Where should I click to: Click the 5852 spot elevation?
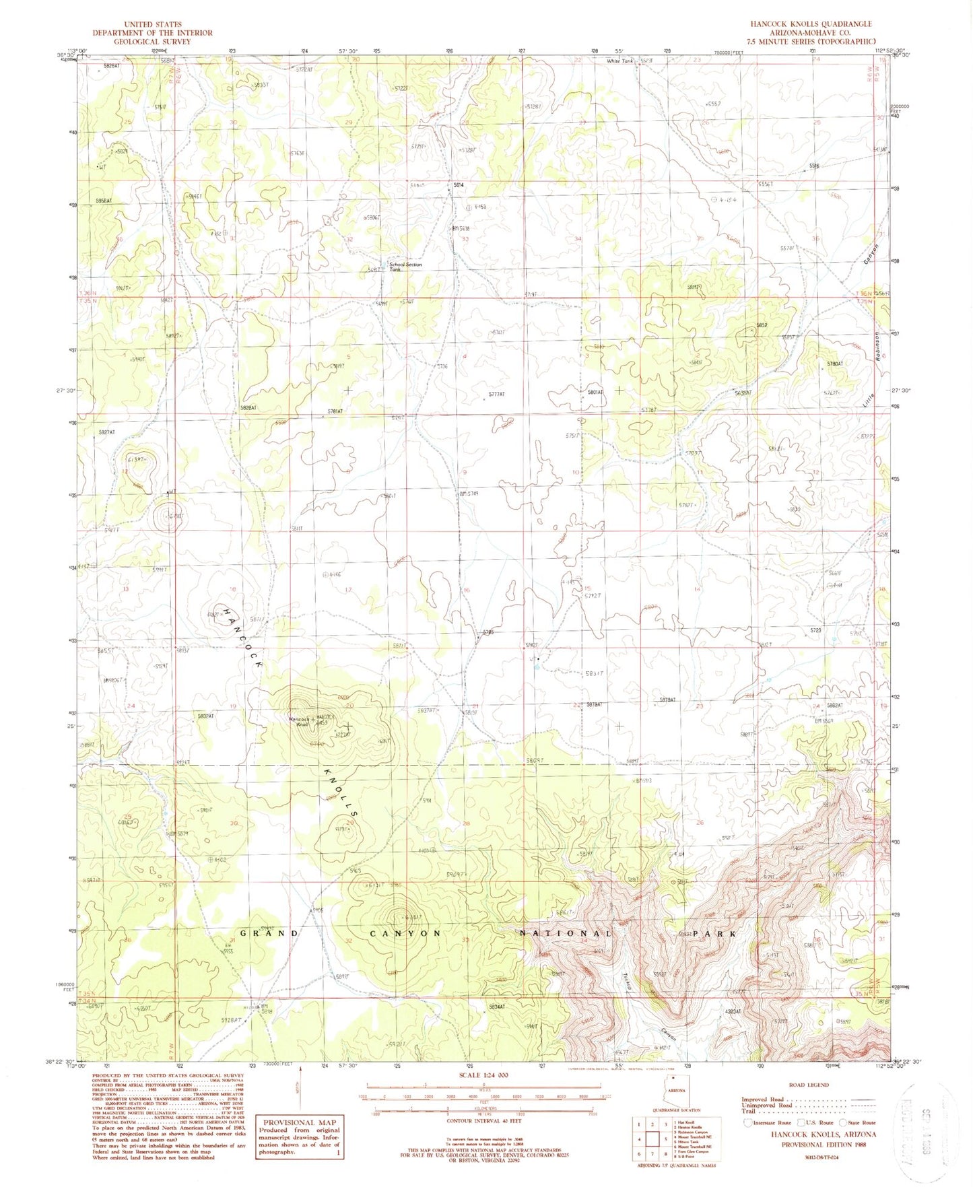click(762, 325)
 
